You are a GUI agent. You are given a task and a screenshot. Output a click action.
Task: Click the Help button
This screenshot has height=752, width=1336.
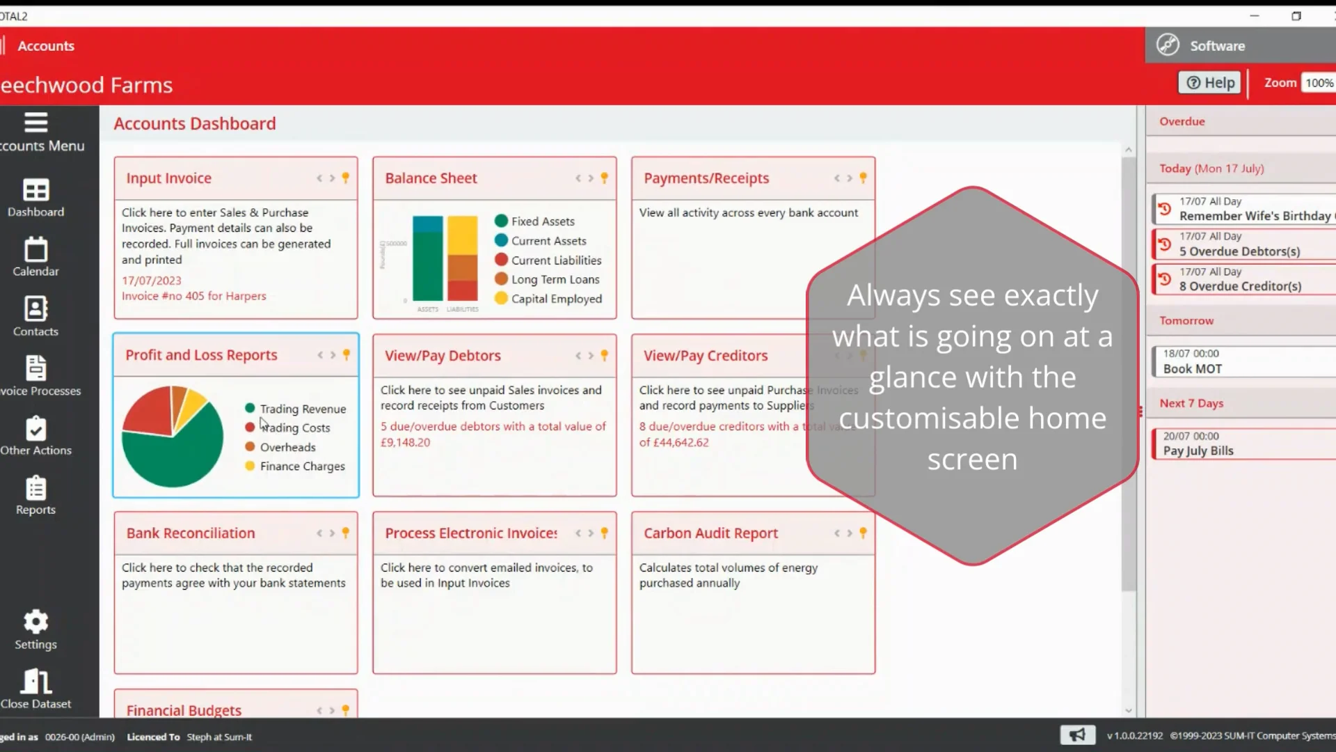(1210, 83)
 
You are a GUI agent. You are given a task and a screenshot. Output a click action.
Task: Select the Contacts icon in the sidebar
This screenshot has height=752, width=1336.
(35, 308)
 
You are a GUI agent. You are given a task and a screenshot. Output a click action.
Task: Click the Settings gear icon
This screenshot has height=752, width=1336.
(35, 622)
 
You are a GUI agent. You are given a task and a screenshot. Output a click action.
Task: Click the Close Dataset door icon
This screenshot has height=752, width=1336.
(35, 682)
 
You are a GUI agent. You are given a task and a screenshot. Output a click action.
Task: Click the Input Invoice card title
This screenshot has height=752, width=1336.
(168, 178)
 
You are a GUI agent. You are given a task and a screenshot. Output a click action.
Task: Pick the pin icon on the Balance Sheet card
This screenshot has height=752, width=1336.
(604, 178)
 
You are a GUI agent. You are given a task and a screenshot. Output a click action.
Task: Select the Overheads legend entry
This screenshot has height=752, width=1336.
(287, 447)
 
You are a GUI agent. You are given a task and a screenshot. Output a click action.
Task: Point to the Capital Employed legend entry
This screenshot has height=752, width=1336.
(556, 299)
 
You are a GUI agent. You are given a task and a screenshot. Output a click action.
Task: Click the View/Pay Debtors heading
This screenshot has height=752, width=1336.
(443, 356)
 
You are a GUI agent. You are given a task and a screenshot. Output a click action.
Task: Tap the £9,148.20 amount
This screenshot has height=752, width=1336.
(405, 442)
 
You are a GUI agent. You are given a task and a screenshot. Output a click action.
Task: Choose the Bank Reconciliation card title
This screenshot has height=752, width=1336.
(191, 533)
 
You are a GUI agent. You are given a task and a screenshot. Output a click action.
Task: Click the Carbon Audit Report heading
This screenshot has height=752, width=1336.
(710, 533)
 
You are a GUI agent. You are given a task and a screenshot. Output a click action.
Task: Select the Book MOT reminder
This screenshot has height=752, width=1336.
(1192, 369)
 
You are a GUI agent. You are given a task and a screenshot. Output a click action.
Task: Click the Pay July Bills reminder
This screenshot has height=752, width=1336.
(1198, 451)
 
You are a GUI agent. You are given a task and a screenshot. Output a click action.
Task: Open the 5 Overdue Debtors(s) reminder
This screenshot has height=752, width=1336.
(1239, 251)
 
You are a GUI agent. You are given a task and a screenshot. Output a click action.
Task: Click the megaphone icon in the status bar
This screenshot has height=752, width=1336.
(1077, 735)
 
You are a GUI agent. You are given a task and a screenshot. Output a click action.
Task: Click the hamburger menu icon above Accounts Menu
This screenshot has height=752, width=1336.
(35, 123)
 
